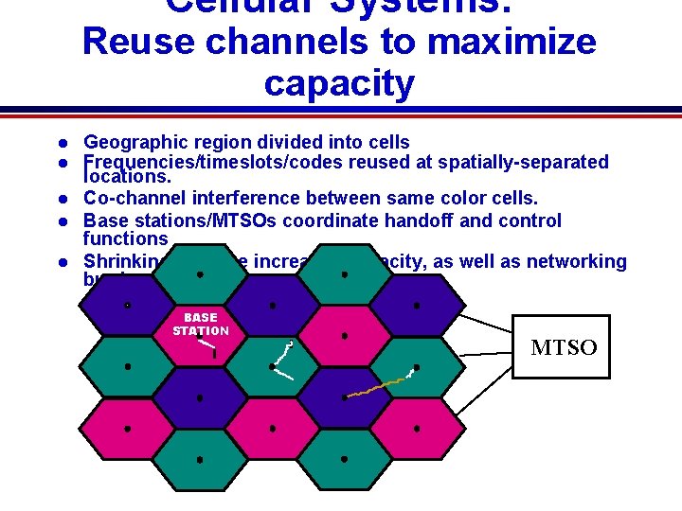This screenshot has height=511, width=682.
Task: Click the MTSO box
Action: pyautogui.click(x=561, y=346)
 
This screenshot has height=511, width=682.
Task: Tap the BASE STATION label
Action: pyautogui.click(x=200, y=324)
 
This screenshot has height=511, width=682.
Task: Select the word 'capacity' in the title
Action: pyautogui.click(x=339, y=83)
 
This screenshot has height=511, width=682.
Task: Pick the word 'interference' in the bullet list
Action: pyautogui.click(x=252, y=198)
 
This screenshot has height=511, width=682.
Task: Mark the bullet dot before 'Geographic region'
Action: pyautogui.click(x=60, y=144)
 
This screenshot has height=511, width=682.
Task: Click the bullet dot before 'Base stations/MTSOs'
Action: pyautogui.click(x=60, y=221)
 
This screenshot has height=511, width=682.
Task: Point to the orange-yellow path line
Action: pyautogui.click(x=374, y=387)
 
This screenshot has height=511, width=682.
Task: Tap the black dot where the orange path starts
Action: pyautogui.click(x=345, y=397)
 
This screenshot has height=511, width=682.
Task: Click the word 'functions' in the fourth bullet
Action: pyautogui.click(x=125, y=239)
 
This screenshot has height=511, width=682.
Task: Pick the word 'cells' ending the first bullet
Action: pyautogui.click(x=388, y=143)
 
